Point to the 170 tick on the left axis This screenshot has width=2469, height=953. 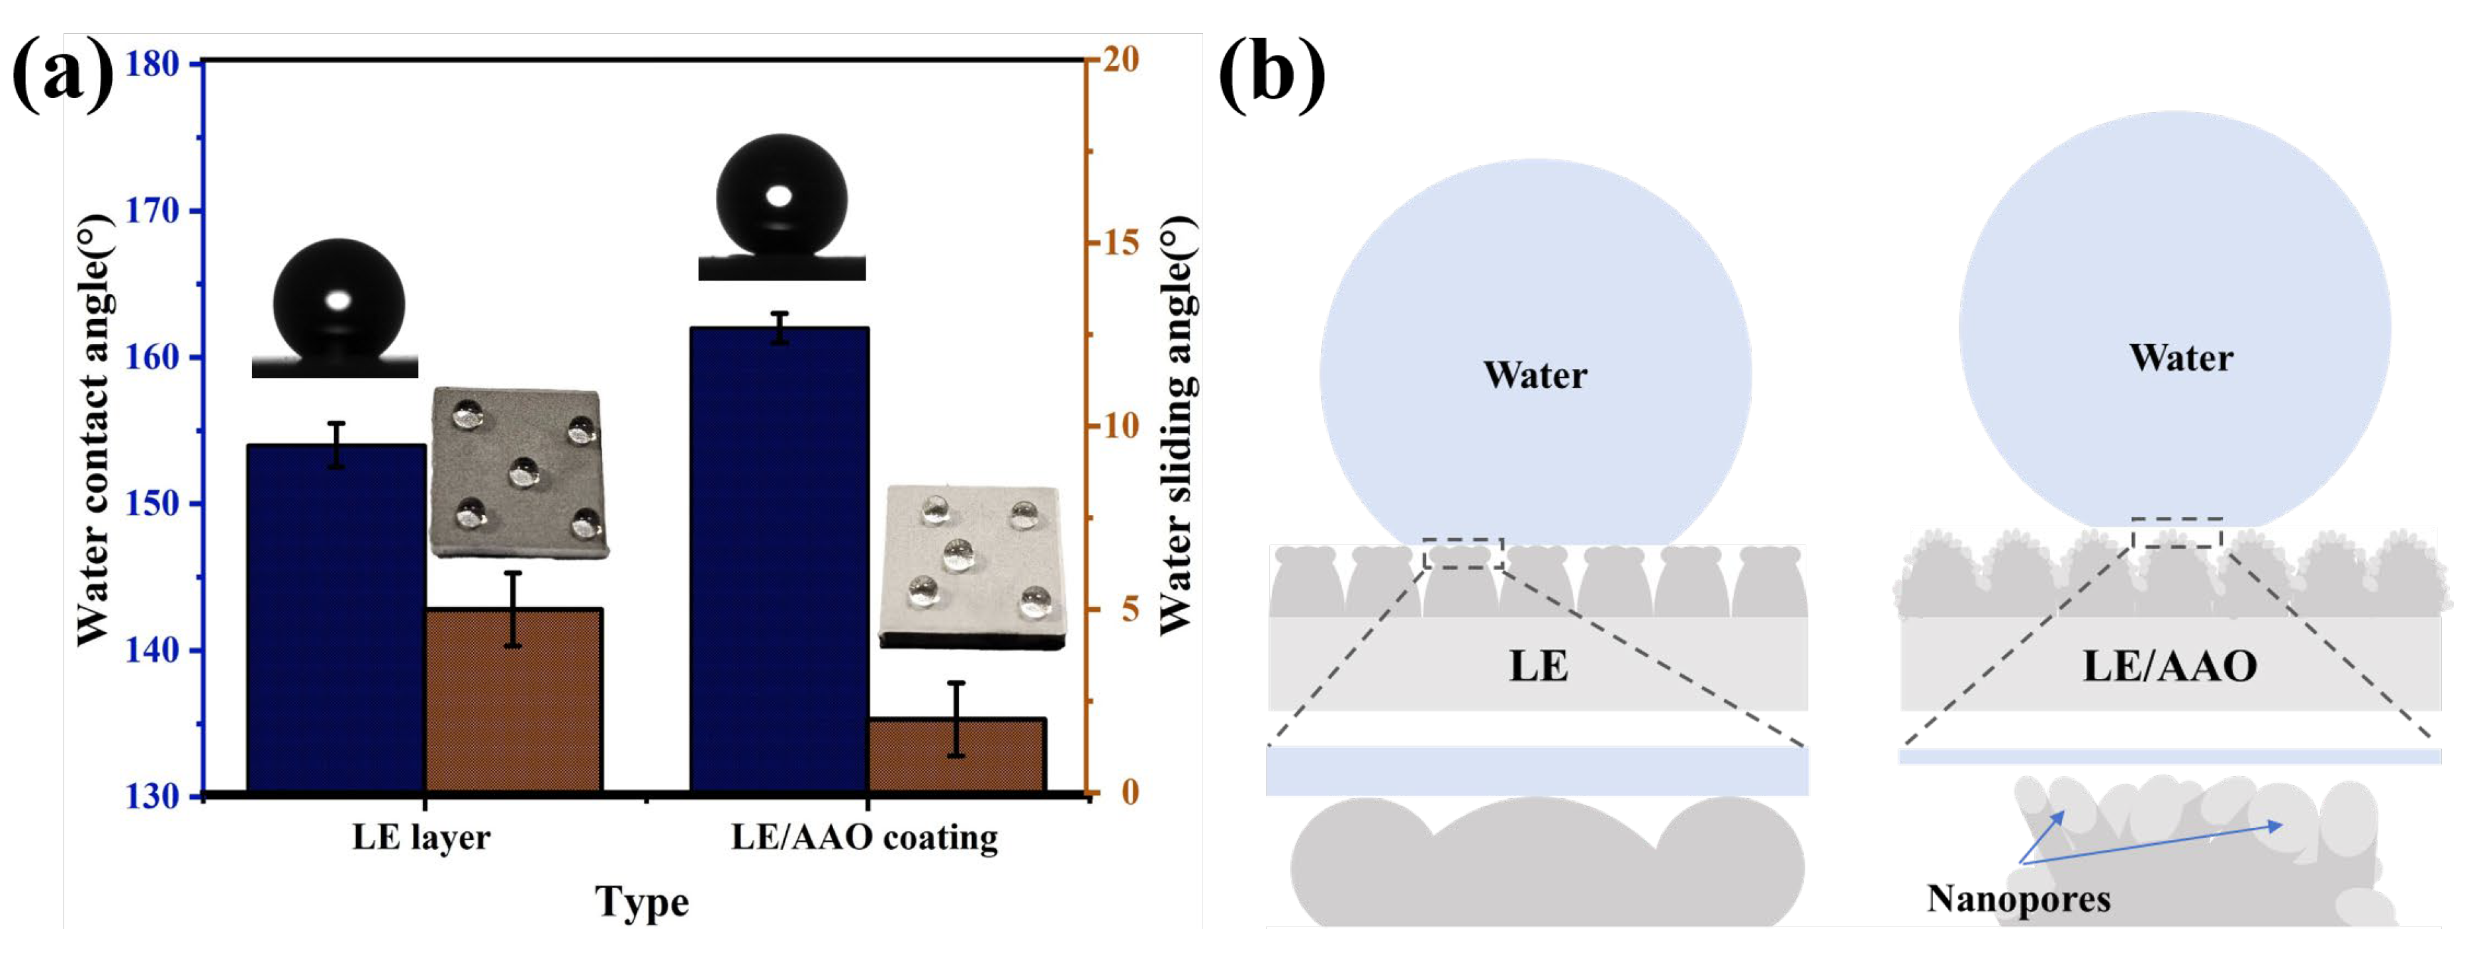pyautogui.click(x=154, y=211)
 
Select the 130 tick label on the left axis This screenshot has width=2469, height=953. pyautogui.click(x=154, y=795)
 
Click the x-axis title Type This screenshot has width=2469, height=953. pyautogui.click(x=641, y=902)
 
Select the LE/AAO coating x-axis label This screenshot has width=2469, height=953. pyautogui.click(x=864, y=838)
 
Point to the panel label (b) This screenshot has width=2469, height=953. pyautogui.click(x=1271, y=75)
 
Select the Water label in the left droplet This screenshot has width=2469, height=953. pyautogui.click(x=1535, y=375)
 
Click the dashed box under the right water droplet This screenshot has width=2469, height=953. pyautogui.click(x=2176, y=533)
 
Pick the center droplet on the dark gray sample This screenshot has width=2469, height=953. pyautogui.click(x=523, y=471)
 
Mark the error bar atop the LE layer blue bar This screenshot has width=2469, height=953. pyautogui.click(x=336, y=445)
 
